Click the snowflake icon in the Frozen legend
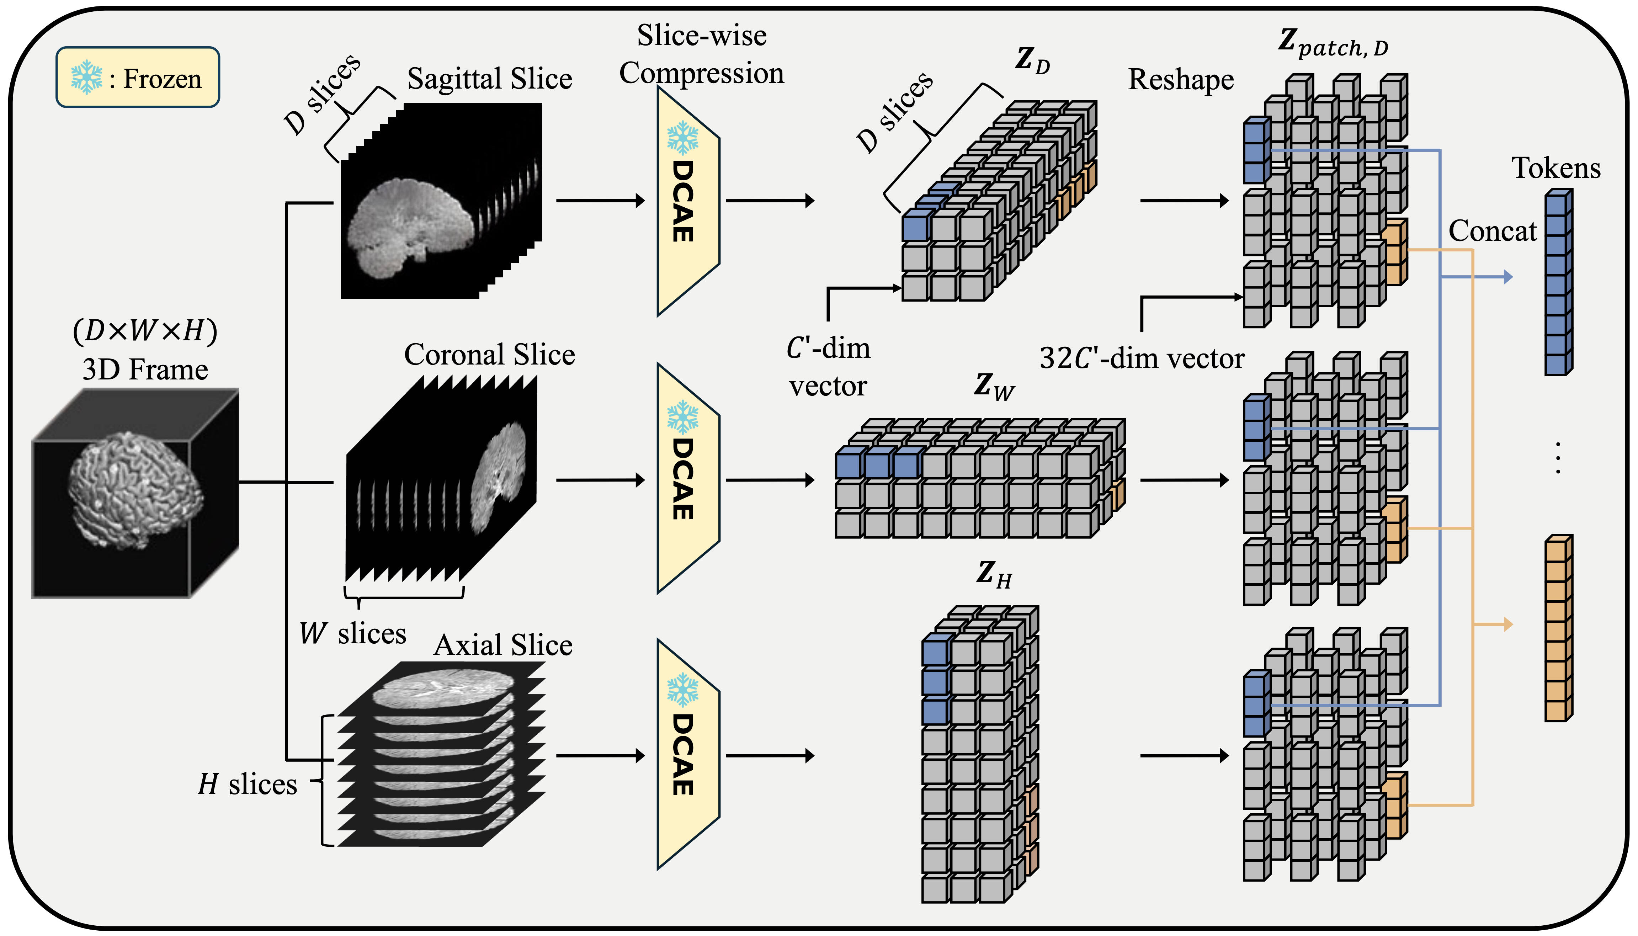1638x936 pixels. [86, 78]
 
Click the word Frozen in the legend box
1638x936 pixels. [162, 79]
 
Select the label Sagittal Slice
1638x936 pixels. [489, 79]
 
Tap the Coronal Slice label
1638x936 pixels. [489, 355]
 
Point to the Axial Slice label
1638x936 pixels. [503, 645]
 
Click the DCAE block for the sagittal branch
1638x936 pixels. [687, 201]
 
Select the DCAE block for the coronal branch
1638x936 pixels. [687, 479]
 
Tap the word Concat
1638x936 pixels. [1492, 231]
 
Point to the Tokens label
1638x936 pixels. [1556, 169]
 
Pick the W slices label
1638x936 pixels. [352, 634]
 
